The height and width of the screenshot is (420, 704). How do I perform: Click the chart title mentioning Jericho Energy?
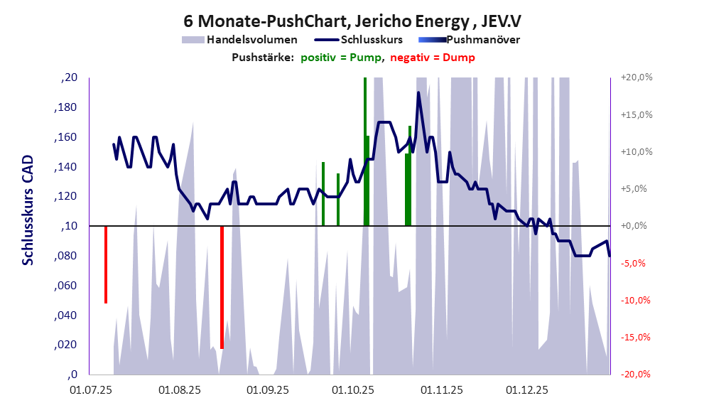(351, 21)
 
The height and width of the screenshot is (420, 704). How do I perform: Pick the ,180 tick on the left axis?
(66, 107)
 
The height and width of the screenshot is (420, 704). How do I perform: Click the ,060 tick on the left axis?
(66, 286)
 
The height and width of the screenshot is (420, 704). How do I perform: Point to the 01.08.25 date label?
(180, 389)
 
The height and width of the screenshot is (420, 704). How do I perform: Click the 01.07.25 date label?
(92, 389)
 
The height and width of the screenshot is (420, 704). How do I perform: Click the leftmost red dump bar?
(105, 264)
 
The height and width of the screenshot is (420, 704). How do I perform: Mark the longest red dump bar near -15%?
(222, 287)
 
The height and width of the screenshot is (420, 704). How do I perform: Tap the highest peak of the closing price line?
(418, 92)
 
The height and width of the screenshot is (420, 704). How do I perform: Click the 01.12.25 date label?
(526, 389)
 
